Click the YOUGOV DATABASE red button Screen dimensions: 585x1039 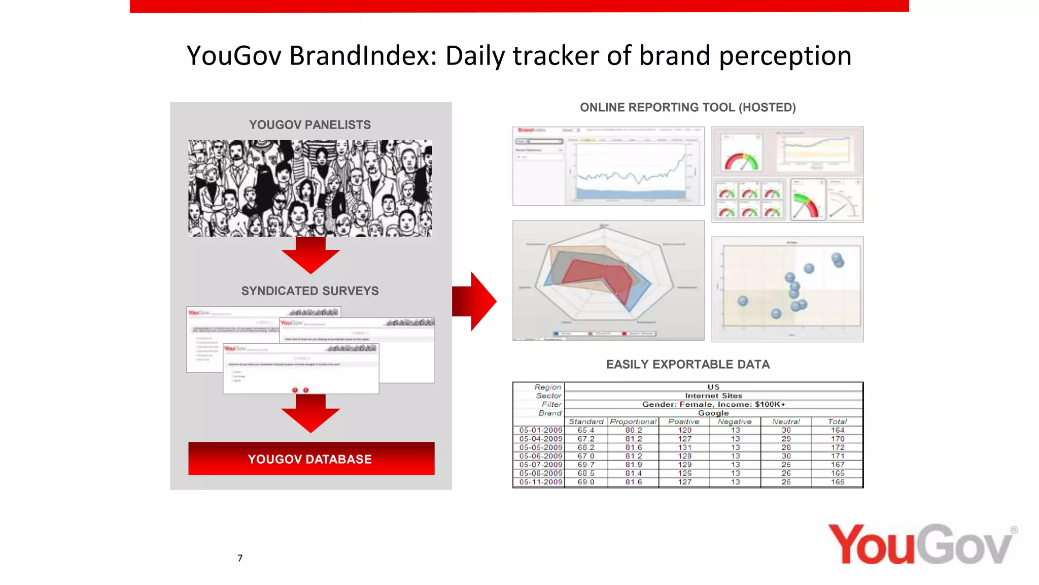pyautogui.click(x=311, y=459)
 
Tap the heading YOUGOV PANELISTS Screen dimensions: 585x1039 pyautogui.click(x=309, y=125)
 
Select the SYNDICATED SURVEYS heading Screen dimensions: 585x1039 pyautogui.click(x=309, y=291)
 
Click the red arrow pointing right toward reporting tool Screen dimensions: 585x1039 pyautogui.click(x=474, y=301)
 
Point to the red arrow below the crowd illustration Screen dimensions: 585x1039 pyautogui.click(x=310, y=255)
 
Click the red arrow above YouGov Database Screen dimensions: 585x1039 pyautogui.click(x=310, y=413)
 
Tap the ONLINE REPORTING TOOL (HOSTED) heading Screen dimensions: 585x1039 pyautogui.click(x=687, y=108)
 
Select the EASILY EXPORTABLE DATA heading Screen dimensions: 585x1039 pyautogui.click(x=687, y=365)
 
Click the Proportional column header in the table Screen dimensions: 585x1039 pyautogui.click(x=633, y=421)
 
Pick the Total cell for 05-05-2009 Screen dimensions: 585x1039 pyautogui.click(x=837, y=447)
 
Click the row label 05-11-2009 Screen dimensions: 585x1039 pyautogui.click(x=540, y=482)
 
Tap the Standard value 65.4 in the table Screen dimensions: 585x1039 pyautogui.click(x=585, y=430)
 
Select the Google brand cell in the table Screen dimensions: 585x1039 pyautogui.click(x=713, y=413)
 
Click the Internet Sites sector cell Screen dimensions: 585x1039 pyautogui.click(x=713, y=396)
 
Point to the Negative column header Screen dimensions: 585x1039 pyautogui.click(x=735, y=421)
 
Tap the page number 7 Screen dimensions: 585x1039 pyautogui.click(x=240, y=558)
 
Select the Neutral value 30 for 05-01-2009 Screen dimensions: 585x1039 pyautogui.click(x=786, y=430)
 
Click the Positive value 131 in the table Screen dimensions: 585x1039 pyautogui.click(x=684, y=447)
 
